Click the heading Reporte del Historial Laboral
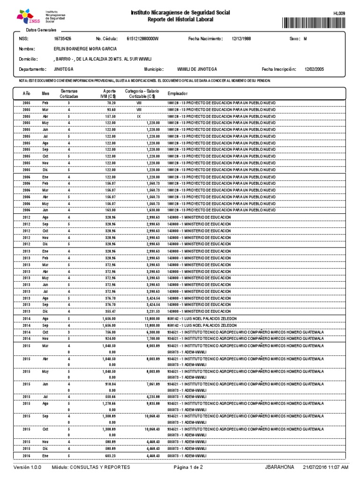coord(180,20)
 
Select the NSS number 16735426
coord(62,39)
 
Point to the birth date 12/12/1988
coord(241,39)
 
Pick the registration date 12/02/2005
coord(314,69)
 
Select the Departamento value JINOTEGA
coord(63,69)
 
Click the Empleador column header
coord(178,94)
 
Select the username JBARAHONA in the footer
coord(280,468)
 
